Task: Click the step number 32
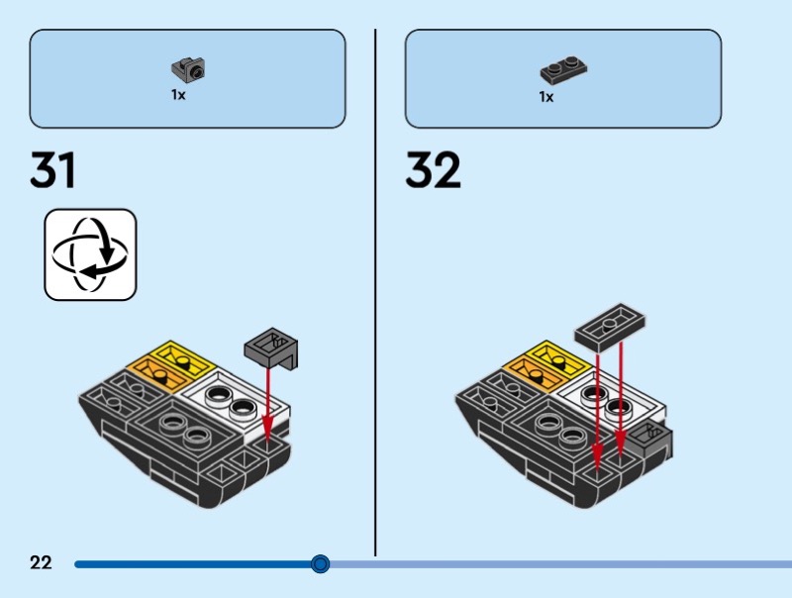pos(433,171)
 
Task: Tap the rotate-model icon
pos(90,254)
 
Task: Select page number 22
pos(41,563)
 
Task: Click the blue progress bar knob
pos(320,564)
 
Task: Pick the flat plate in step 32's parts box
pos(563,71)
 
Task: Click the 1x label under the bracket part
pos(178,96)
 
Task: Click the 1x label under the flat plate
pos(546,97)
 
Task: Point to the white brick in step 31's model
pos(238,401)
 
